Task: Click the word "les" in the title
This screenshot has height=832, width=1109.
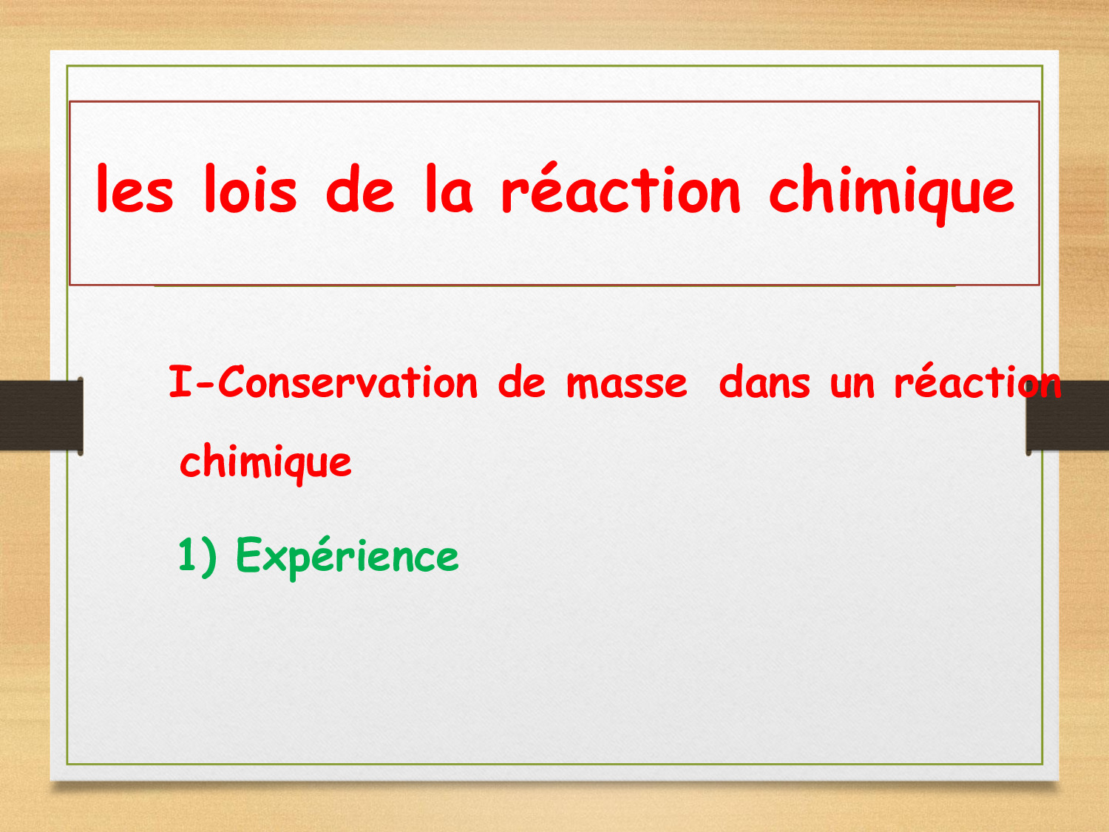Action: point(135,188)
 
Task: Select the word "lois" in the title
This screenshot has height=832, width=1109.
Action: point(251,188)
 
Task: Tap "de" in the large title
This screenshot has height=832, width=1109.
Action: point(360,188)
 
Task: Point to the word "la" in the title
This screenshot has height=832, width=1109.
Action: point(450,188)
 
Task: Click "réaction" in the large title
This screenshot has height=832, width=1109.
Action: point(621,187)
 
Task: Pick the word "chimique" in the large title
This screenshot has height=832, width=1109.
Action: point(892,195)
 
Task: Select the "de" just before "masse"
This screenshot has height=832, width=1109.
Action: point(522,382)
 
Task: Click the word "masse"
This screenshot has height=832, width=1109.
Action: point(627,385)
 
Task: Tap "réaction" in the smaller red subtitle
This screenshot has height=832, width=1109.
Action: point(978,380)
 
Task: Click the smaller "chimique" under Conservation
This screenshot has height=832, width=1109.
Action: point(265,464)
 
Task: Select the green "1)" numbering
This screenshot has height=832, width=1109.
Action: point(197,556)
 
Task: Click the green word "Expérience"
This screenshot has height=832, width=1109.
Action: point(347,558)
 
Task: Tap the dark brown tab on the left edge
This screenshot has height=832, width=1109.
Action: point(41,416)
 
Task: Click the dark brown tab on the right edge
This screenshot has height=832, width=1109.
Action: point(1067,416)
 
